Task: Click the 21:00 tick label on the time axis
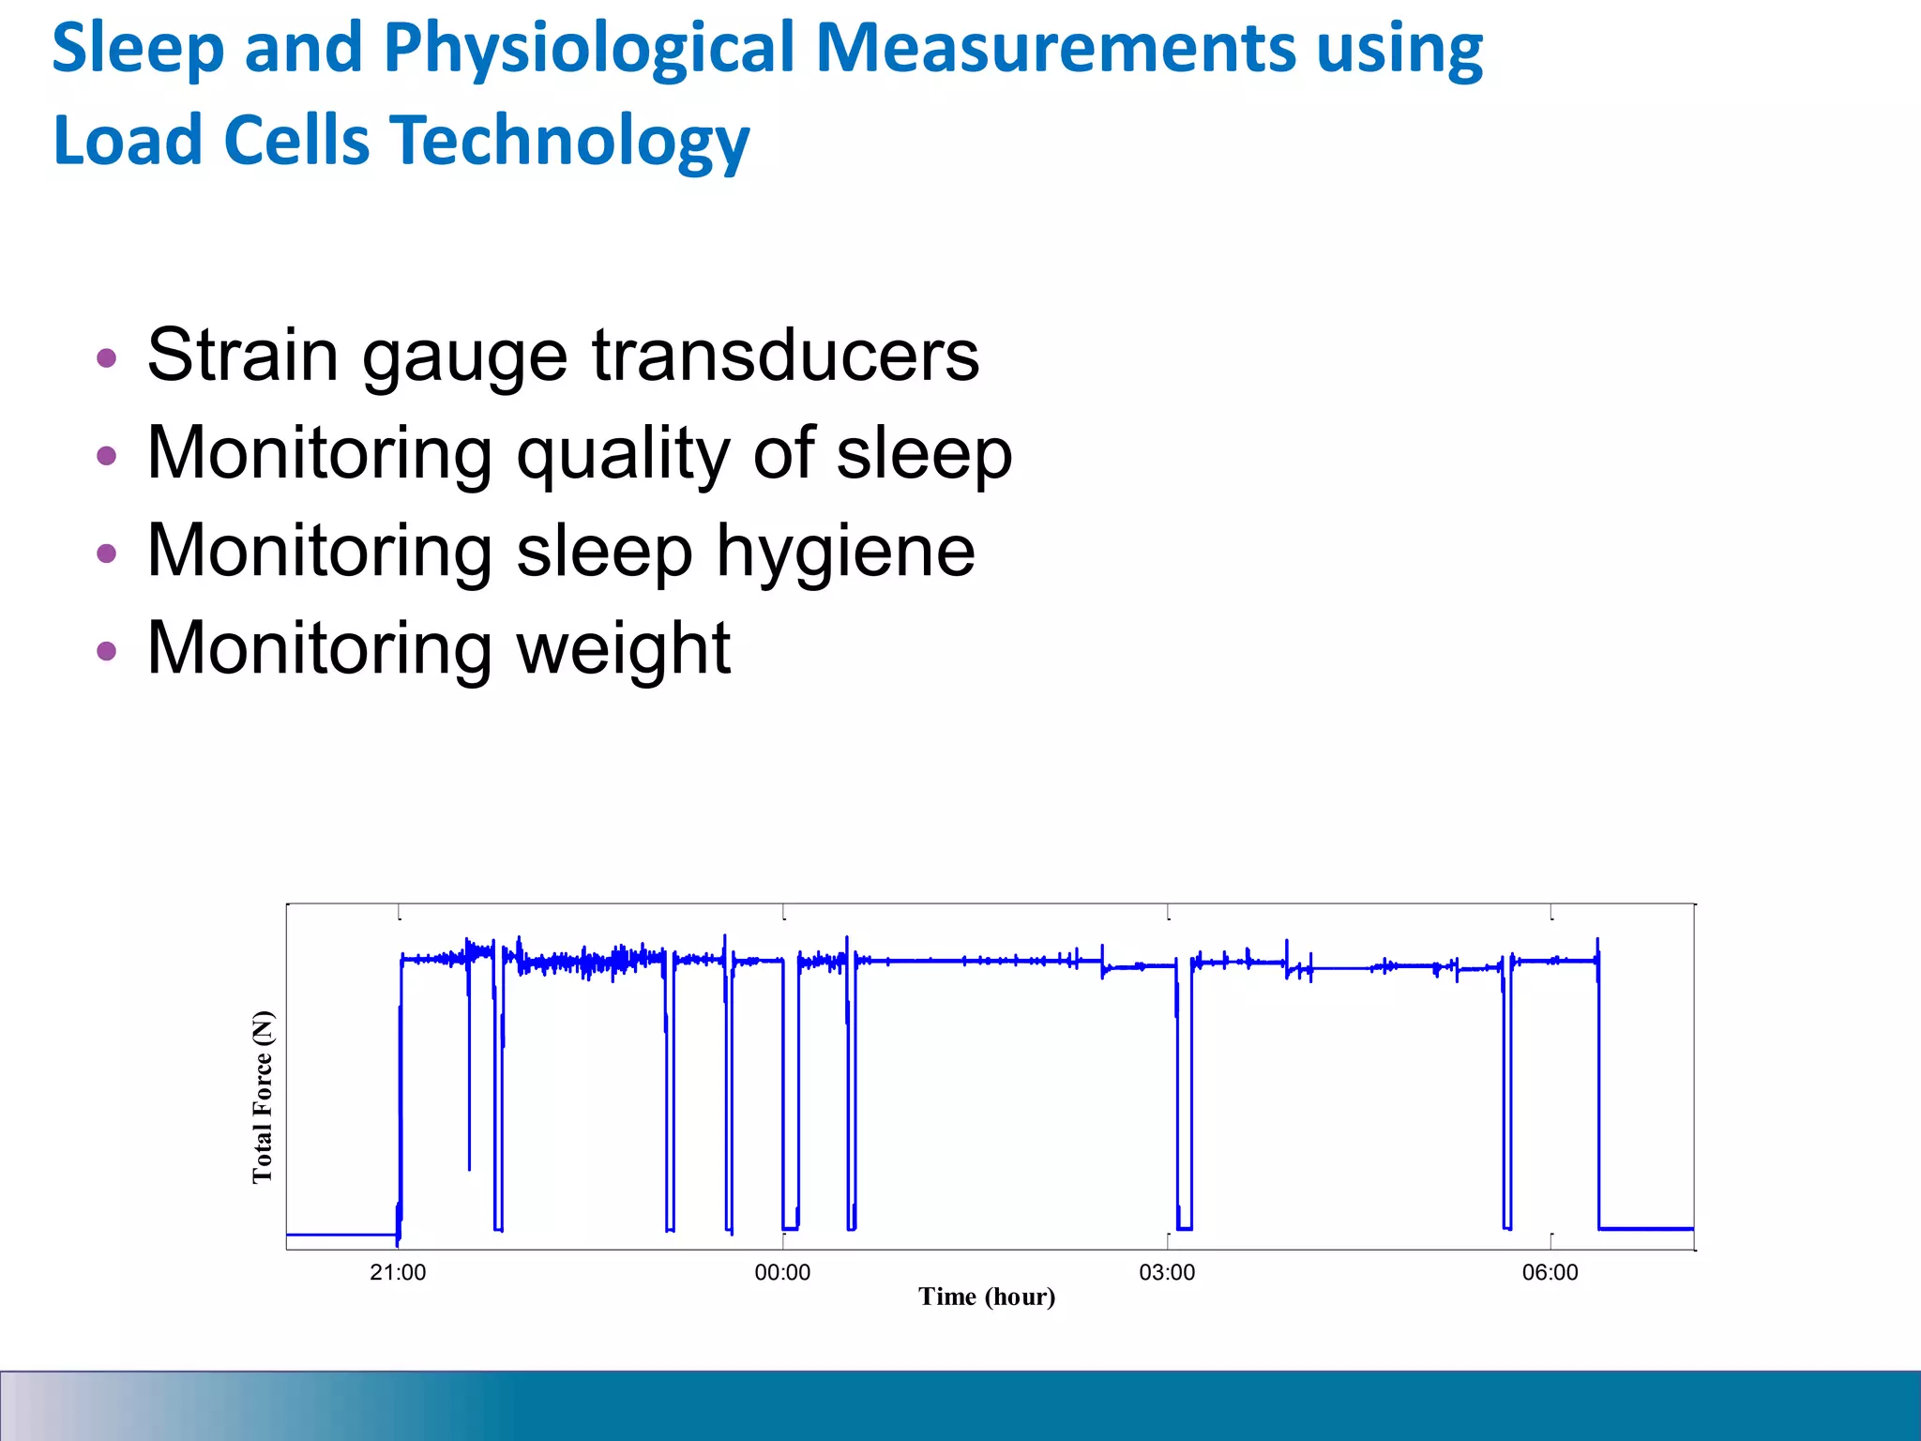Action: coord(398,1272)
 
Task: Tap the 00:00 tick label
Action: coord(782,1272)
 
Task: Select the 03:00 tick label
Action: coord(1167,1272)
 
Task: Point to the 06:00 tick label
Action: coord(1550,1272)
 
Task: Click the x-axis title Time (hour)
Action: coord(987,1297)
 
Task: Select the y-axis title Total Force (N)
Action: coord(263,1097)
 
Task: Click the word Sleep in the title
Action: coord(137,49)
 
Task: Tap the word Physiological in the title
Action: coord(589,49)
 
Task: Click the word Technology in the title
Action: coord(570,141)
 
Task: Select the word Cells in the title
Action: coord(297,141)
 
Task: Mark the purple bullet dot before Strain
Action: coord(107,357)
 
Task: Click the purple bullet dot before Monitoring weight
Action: coord(107,650)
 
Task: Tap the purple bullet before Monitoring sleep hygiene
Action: coord(107,553)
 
